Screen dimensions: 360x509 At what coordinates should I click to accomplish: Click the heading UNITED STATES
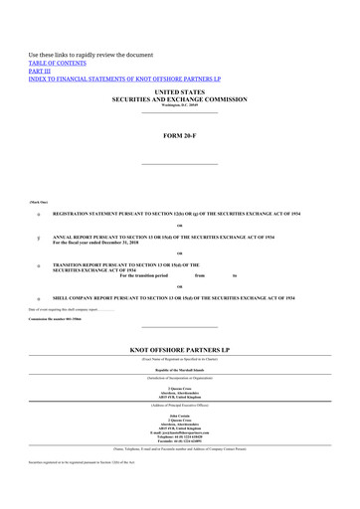pyautogui.click(x=180, y=91)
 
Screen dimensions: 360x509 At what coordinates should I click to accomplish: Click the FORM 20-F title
pyautogui.click(x=180, y=133)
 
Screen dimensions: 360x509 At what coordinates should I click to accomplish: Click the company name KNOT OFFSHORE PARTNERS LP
pyautogui.click(x=180, y=350)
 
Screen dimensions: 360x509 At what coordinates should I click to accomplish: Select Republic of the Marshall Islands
pyautogui.click(x=180, y=368)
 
